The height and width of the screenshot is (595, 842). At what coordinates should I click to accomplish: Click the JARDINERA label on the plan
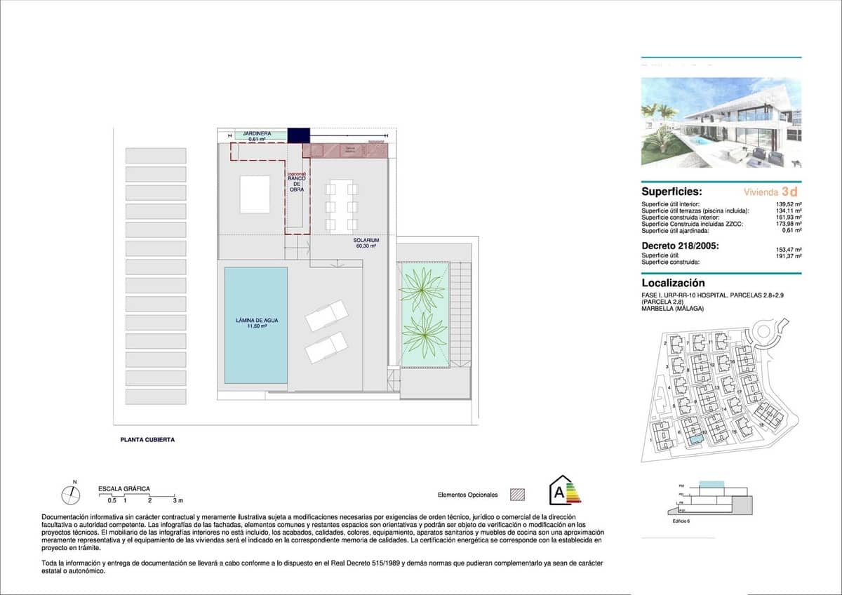(253, 133)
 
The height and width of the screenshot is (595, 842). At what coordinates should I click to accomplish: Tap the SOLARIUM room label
(366, 243)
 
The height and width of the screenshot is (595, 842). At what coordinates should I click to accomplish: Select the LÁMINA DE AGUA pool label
(256, 323)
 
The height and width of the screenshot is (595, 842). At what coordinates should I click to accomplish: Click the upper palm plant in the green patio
(422, 288)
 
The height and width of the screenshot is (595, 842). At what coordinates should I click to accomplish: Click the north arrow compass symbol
(71, 495)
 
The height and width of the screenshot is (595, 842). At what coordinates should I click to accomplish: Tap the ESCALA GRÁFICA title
(123, 488)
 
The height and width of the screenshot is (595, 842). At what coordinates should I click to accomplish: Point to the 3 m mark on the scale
(178, 500)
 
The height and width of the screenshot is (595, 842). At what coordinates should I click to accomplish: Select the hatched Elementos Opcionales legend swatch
(517, 495)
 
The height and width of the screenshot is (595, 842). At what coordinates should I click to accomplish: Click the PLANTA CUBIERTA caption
(147, 440)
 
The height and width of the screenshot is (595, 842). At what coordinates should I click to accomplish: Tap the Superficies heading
(671, 191)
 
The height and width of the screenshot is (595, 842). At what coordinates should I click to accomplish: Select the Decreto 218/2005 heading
(679, 245)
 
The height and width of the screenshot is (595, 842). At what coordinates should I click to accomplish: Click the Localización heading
(673, 283)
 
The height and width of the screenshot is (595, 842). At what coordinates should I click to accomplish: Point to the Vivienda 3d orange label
(770, 191)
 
